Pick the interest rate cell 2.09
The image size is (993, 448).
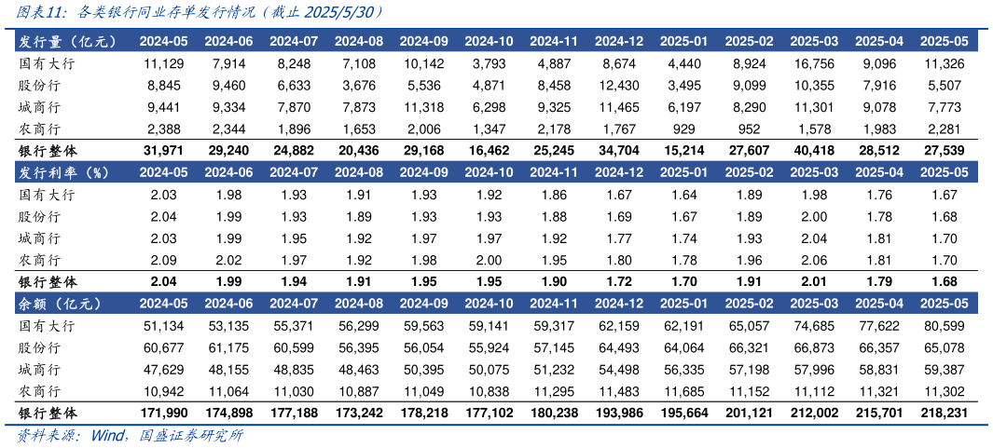coord(164,260)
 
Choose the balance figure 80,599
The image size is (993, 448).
coord(942,327)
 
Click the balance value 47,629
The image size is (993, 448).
coord(164,369)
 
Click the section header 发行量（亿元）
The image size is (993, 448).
coord(64,41)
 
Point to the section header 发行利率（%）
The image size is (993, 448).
coord(64,172)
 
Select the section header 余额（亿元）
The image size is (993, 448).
coord(58,304)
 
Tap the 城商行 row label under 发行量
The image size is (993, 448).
coord(40,107)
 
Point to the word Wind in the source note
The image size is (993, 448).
coord(110,436)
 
